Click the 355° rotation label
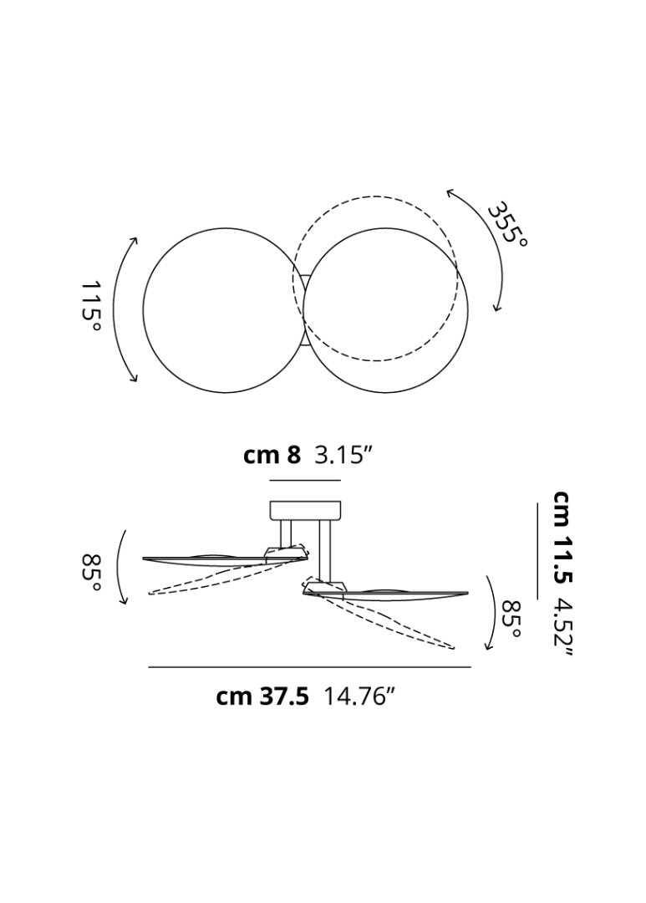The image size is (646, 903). (x=506, y=223)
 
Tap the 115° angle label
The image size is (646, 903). (x=91, y=305)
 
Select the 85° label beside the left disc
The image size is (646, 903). (x=91, y=572)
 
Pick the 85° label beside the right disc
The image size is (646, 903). (x=511, y=619)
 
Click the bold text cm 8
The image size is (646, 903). (x=272, y=457)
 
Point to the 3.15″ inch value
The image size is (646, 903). (x=341, y=457)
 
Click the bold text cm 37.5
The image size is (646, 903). (x=262, y=696)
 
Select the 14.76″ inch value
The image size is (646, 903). (x=359, y=696)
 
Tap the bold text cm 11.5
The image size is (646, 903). (x=562, y=536)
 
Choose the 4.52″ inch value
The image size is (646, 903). (x=562, y=630)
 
